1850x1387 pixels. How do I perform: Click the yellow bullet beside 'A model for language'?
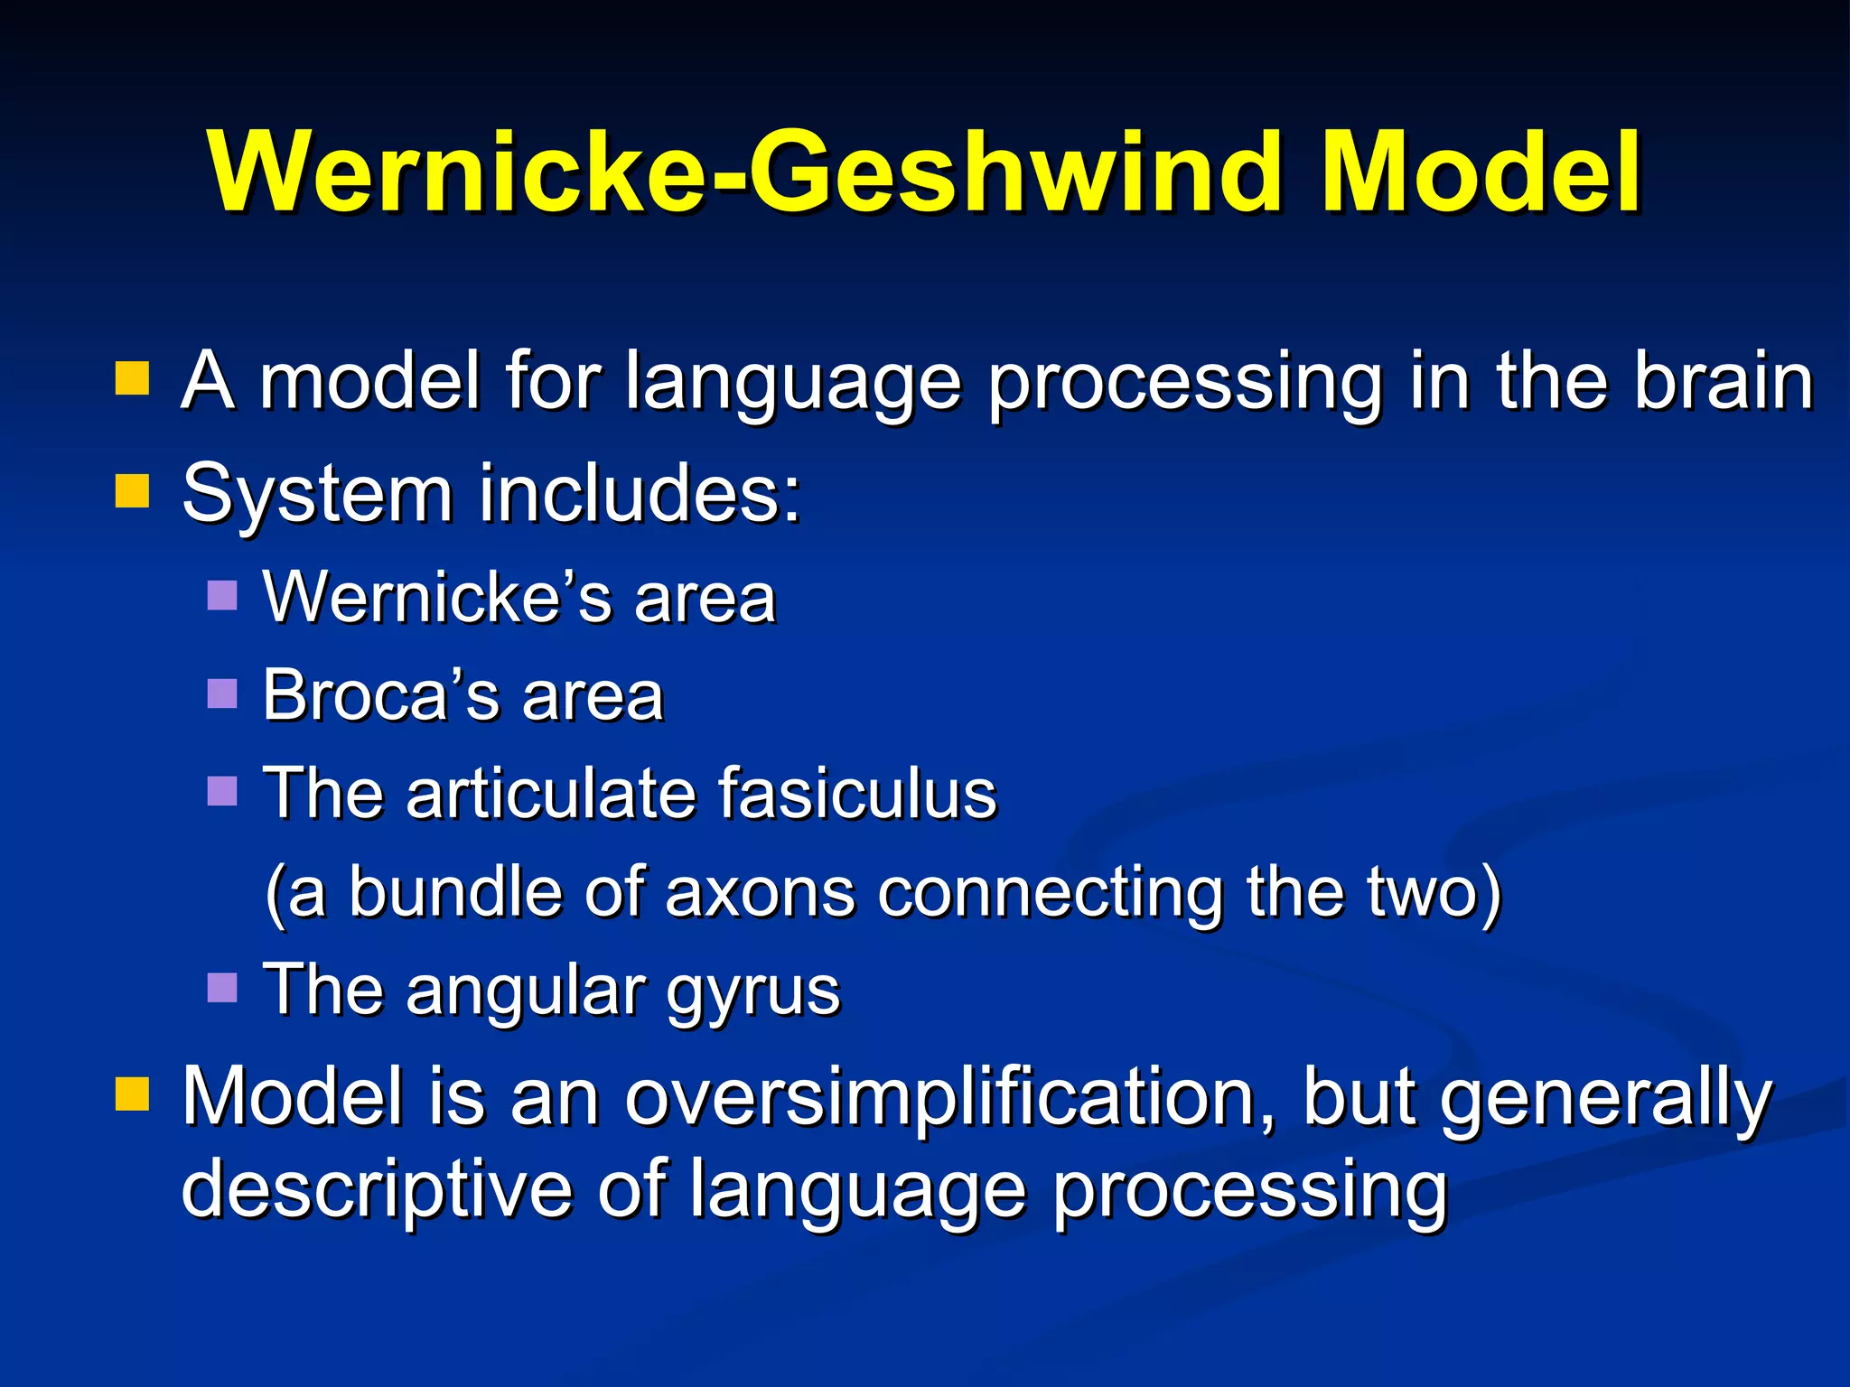(132, 379)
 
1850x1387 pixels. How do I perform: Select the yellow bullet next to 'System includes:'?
(132, 492)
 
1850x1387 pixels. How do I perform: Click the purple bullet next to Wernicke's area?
(222, 596)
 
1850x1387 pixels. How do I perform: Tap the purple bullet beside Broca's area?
(222, 694)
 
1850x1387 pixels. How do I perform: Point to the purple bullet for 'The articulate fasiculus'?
(222, 791)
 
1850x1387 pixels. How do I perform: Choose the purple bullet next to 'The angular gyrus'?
(222, 988)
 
